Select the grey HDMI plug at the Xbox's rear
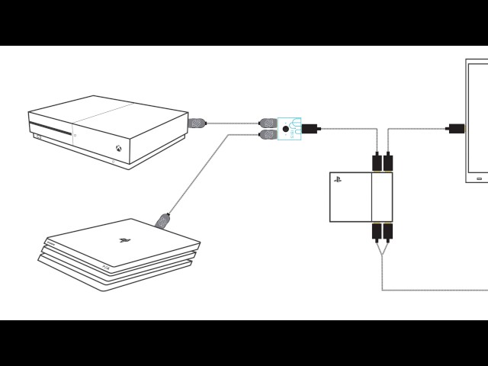(197, 122)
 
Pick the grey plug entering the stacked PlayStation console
(162, 220)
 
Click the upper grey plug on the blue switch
(268, 122)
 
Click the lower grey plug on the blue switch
(268, 134)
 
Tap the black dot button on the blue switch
(286, 129)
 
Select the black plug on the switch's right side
(310, 129)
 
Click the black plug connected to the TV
(456, 128)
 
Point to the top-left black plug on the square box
(377, 162)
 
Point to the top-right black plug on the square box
(388, 162)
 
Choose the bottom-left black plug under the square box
(377, 231)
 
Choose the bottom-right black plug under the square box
(388, 231)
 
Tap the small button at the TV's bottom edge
(480, 179)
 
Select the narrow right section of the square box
(381, 197)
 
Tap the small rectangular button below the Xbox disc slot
(38, 137)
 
